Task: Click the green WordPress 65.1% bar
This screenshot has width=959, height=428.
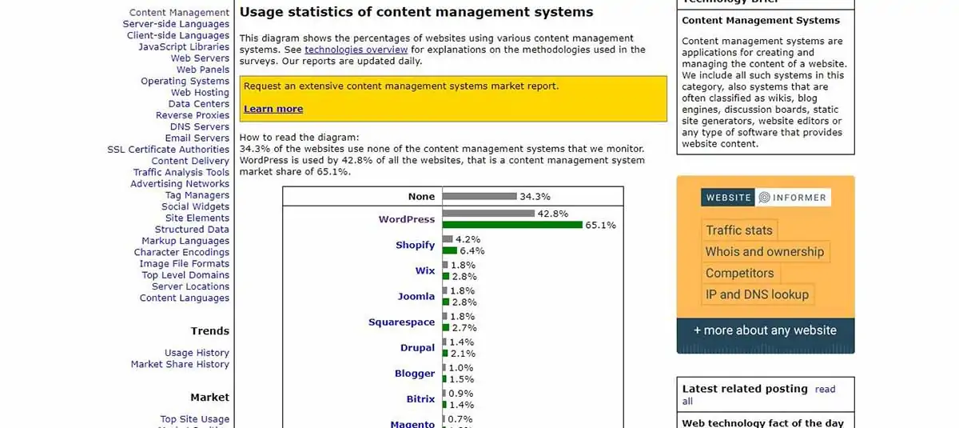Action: (x=512, y=225)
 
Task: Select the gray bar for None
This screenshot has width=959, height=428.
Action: (x=479, y=196)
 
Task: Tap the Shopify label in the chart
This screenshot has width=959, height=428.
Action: (x=415, y=245)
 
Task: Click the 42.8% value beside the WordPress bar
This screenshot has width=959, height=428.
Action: (x=552, y=214)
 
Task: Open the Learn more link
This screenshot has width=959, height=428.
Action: (x=273, y=109)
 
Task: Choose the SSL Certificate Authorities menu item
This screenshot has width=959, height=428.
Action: (x=169, y=150)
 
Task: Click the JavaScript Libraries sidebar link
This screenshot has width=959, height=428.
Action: (x=184, y=47)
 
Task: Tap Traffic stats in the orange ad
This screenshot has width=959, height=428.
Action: (x=739, y=230)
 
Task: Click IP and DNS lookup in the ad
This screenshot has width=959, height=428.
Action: (x=757, y=294)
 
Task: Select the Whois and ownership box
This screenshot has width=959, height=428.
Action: (x=764, y=252)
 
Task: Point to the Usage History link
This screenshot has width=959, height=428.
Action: (x=197, y=353)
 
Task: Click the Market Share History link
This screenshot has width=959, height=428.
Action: (x=180, y=364)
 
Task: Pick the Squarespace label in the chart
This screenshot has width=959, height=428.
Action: (x=401, y=322)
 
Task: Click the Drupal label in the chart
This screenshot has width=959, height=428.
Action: (x=417, y=348)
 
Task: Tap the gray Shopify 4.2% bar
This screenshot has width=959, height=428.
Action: (x=448, y=239)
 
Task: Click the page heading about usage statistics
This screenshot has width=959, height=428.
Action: (x=416, y=12)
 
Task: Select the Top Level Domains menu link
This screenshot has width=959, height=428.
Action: (x=185, y=275)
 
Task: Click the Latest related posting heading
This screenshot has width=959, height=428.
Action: (x=745, y=389)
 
